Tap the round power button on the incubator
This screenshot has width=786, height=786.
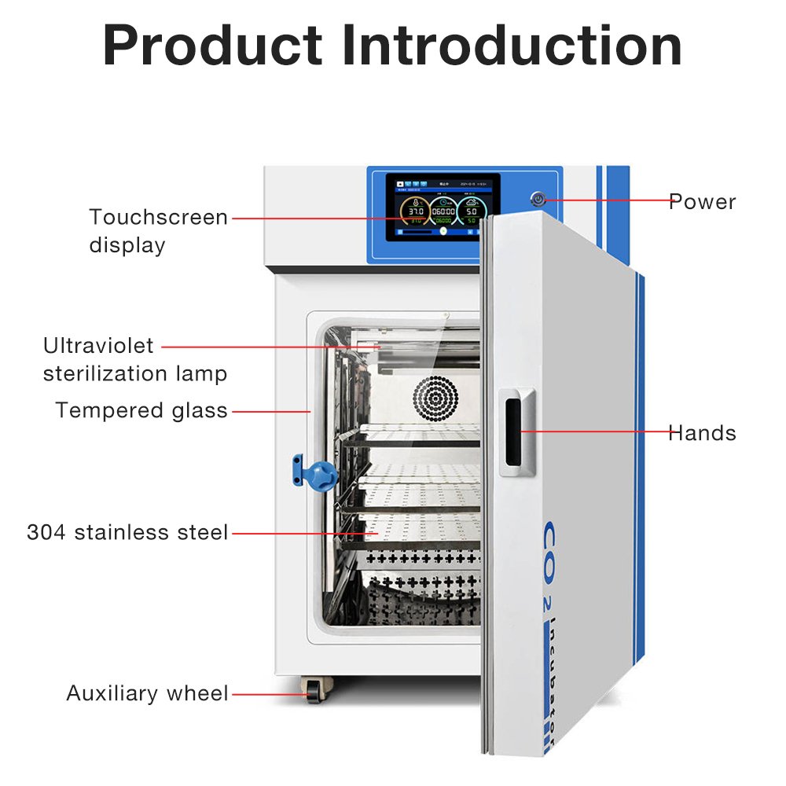click(x=538, y=199)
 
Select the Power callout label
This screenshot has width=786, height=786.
click(x=703, y=202)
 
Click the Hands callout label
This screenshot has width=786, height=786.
click(x=702, y=433)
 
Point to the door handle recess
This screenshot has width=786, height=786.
click(x=514, y=435)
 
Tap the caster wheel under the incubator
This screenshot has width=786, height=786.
click(x=315, y=692)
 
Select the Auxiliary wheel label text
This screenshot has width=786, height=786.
click(x=147, y=694)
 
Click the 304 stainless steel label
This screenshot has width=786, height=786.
click(x=127, y=533)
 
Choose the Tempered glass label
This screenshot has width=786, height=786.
click(x=141, y=410)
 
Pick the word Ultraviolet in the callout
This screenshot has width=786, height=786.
click(x=99, y=346)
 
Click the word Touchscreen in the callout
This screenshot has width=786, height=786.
click(x=158, y=217)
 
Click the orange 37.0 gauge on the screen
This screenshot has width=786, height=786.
click(x=414, y=212)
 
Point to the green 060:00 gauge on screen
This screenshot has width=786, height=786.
click(x=443, y=212)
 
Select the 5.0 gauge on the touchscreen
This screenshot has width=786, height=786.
click(x=472, y=212)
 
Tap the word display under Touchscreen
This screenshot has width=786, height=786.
click(x=127, y=245)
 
